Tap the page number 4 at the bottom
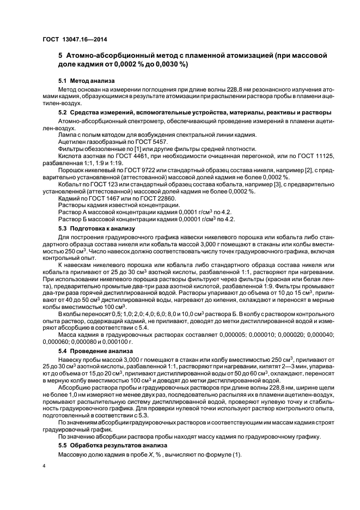click(x=45, y=466)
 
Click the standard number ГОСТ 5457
click(x=153, y=141)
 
